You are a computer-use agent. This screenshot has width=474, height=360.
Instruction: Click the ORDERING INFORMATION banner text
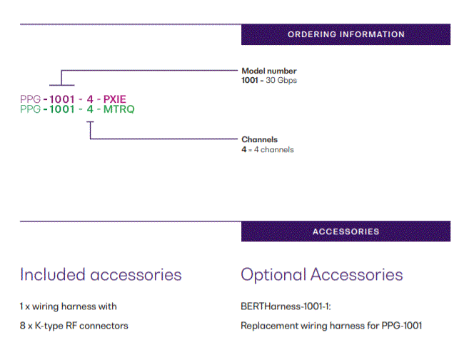(x=346, y=34)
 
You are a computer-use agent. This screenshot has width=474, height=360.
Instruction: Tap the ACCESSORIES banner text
(x=346, y=231)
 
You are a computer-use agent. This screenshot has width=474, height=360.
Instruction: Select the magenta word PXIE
(x=114, y=99)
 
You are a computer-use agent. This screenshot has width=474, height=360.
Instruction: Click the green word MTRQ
(x=118, y=109)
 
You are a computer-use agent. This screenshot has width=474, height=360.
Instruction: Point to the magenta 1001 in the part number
(x=61, y=99)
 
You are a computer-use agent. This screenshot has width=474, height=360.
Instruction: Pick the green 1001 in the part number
(x=61, y=109)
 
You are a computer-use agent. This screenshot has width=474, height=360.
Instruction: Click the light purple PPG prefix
(x=30, y=99)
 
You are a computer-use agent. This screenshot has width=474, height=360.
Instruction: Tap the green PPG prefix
(x=30, y=109)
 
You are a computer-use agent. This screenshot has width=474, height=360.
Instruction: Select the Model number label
(x=269, y=71)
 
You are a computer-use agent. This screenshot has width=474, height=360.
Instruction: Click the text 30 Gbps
(x=281, y=81)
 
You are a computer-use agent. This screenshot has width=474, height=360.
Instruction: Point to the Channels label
(x=259, y=139)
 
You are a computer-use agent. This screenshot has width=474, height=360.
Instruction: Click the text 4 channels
(x=274, y=149)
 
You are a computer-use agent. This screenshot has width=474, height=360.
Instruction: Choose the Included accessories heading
(x=101, y=275)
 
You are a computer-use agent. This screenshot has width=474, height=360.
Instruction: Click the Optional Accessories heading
(x=322, y=275)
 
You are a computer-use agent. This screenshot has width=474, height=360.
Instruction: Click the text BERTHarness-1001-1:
(x=286, y=306)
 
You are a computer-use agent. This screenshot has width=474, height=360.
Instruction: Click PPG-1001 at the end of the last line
(x=402, y=326)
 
